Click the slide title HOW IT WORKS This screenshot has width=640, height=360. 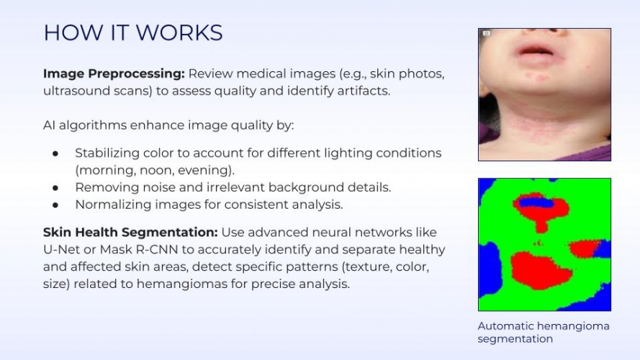click(132, 32)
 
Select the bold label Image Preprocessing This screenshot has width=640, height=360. click(114, 74)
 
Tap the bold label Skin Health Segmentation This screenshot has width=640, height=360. click(130, 233)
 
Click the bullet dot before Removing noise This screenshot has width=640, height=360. click(55, 187)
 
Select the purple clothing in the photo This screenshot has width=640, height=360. click(590, 151)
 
